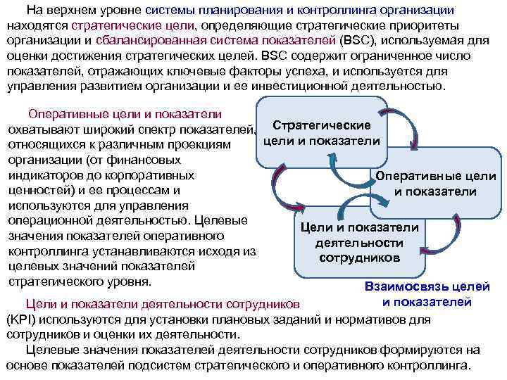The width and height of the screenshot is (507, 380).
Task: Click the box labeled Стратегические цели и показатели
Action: point(322,132)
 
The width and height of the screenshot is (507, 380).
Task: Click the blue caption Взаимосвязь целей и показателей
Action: point(418,294)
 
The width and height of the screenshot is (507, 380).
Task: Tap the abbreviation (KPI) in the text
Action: point(23,319)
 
